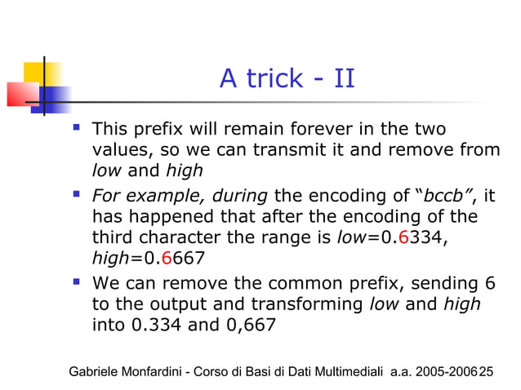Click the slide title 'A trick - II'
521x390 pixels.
[x=287, y=80]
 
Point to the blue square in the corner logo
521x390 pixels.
[x=55, y=98]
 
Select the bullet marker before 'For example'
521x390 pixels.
[x=78, y=195]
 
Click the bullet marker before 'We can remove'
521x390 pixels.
[x=78, y=282]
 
